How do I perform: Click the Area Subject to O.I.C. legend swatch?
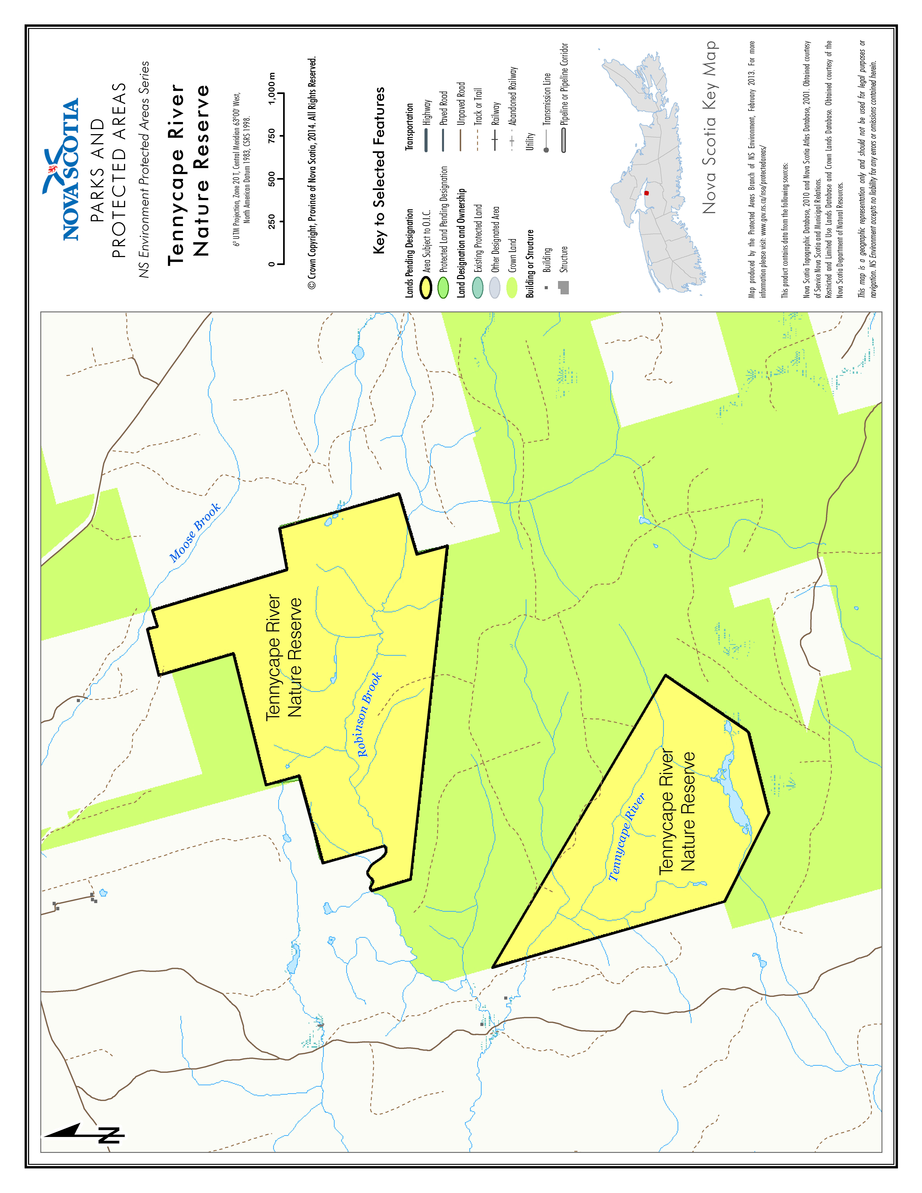click(x=426, y=288)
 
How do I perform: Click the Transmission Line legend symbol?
click(x=546, y=142)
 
